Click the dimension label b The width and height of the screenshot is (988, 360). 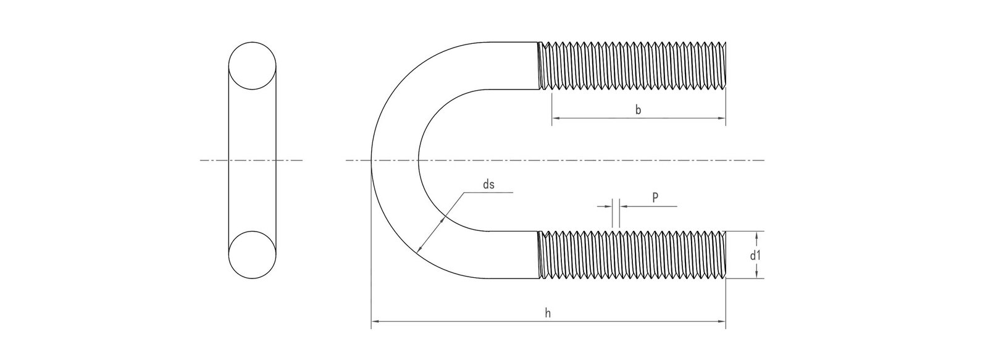point(638,110)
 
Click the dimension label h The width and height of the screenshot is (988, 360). point(548,314)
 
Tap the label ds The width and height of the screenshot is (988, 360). point(488,184)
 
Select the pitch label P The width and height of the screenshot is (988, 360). point(655,197)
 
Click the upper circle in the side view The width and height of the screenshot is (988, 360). point(253,66)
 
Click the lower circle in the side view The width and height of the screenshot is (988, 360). point(253,254)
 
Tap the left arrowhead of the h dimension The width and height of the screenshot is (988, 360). point(374,322)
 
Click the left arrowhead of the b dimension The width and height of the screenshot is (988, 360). point(555,117)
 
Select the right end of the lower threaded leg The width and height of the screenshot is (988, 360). point(726,254)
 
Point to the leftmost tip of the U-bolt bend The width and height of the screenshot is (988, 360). point(371,161)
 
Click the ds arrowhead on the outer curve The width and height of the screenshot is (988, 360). point(419,250)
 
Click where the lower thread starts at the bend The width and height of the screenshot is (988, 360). point(539,254)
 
